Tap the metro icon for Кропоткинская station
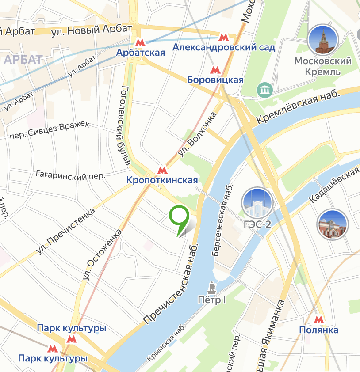click(162, 170)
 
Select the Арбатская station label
click(140, 53)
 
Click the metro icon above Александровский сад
click(223, 36)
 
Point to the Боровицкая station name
click(215, 80)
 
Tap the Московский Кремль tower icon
click(323, 40)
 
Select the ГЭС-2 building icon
click(257, 203)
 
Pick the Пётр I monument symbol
click(212, 288)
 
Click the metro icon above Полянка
click(318, 319)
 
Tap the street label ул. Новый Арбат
click(92, 30)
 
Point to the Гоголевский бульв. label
click(123, 126)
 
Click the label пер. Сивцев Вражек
click(50, 131)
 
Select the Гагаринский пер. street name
click(71, 175)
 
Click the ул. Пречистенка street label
click(66, 231)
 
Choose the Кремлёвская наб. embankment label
click(299, 106)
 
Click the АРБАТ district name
click(22, 59)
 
